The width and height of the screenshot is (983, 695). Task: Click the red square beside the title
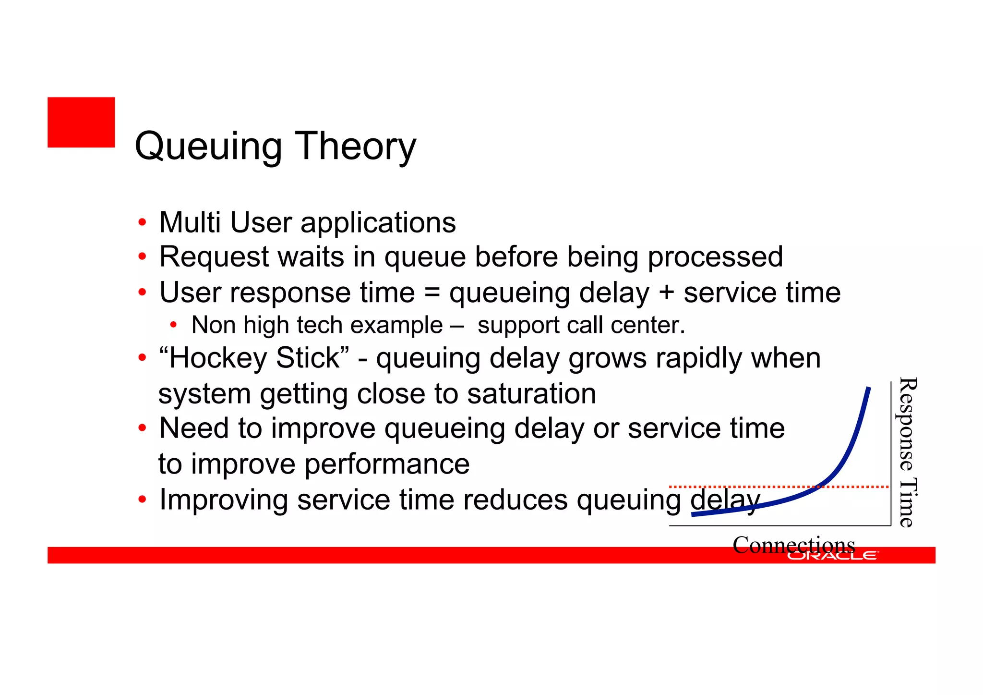tap(81, 122)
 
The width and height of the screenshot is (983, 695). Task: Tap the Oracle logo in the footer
tap(832, 556)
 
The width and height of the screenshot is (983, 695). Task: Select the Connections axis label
tap(793, 544)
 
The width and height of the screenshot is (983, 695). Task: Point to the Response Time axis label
tap(907, 452)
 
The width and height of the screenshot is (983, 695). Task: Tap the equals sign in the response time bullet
tap(432, 293)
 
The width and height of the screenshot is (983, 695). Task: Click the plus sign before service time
tap(666, 293)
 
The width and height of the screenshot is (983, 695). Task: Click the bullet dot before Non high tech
tap(173, 325)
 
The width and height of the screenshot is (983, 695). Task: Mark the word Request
tap(215, 256)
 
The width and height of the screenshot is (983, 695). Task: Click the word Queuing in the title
tap(208, 146)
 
